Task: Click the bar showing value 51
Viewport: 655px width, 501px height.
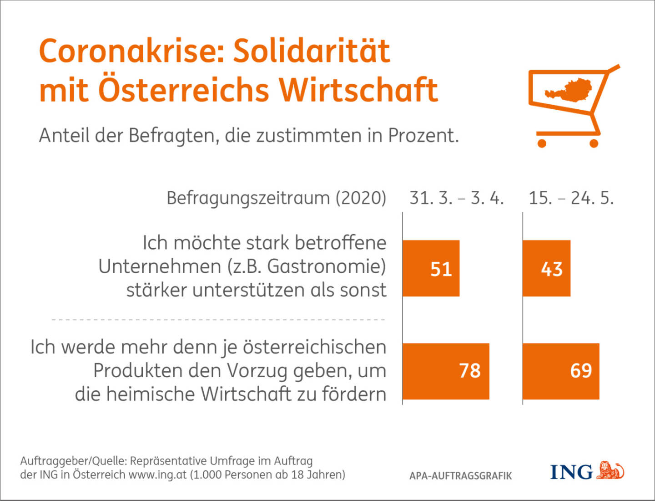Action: click(x=431, y=268)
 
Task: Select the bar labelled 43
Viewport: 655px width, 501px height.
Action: click(x=546, y=268)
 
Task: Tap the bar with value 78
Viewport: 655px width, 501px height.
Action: click(x=446, y=371)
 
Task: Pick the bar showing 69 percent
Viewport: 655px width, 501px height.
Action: click(x=561, y=371)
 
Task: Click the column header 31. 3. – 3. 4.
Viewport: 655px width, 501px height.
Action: click(x=456, y=198)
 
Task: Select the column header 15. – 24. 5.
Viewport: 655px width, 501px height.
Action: click(x=571, y=198)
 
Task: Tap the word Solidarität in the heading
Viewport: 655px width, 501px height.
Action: click(x=312, y=51)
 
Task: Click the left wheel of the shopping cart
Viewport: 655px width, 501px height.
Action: click(x=542, y=143)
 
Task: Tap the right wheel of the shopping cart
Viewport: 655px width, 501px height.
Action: click(x=594, y=143)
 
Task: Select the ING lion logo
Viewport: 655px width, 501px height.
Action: click(x=610, y=470)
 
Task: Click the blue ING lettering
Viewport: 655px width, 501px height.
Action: click(x=571, y=472)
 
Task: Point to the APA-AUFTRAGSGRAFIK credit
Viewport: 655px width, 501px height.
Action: click(x=460, y=476)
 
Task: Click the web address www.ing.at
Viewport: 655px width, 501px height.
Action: click(x=157, y=475)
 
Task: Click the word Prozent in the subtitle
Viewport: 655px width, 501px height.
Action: click(x=423, y=135)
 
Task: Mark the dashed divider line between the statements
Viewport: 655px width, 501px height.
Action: click(x=218, y=320)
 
